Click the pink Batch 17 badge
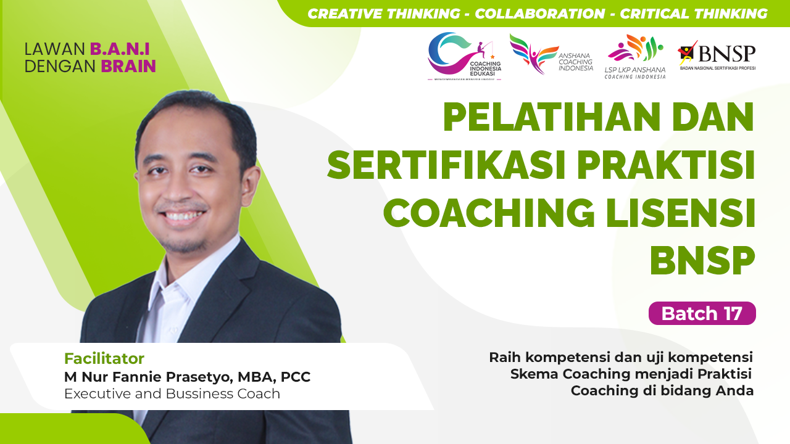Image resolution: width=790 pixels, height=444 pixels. coord(702,313)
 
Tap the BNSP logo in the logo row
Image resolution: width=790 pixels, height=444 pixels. coord(717,55)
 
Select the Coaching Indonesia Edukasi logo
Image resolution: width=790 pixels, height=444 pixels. coord(465,56)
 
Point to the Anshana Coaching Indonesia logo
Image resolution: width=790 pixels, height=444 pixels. coord(551,54)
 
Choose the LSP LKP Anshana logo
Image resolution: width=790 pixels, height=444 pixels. coord(635,57)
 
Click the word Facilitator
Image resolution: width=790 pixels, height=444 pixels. coord(104,359)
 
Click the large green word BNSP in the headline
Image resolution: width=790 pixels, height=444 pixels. coord(702,260)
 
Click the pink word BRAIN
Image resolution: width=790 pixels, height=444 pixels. coord(128,66)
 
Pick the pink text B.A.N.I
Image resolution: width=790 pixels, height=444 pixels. coord(120,49)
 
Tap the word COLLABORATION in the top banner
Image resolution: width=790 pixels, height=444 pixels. coord(540,14)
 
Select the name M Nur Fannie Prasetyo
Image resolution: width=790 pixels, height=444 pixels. coord(148,377)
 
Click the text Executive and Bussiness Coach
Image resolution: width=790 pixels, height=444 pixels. coord(172,393)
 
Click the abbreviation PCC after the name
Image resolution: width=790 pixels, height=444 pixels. coord(296,377)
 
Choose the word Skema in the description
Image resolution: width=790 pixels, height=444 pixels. coord(534,374)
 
